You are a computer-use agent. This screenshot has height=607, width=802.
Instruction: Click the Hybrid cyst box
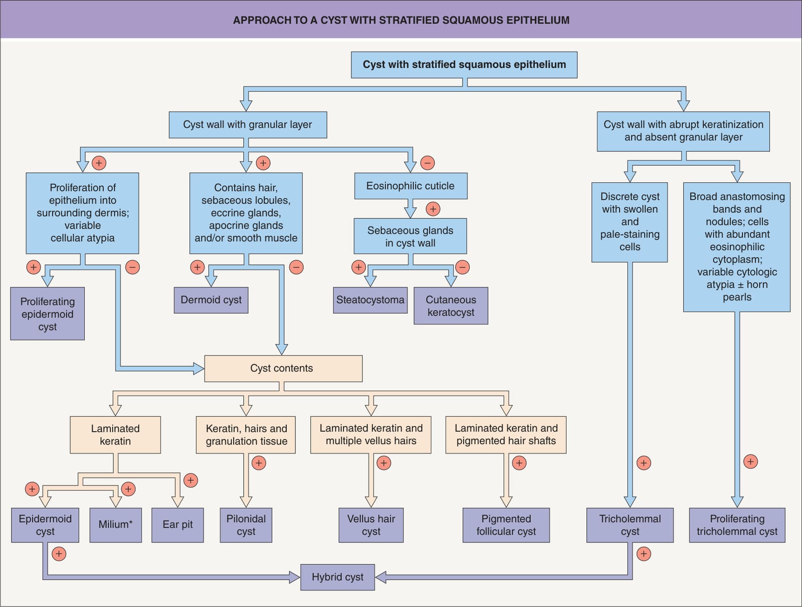pyautogui.click(x=337, y=577)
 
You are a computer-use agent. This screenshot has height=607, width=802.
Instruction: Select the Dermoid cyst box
pyautogui.click(x=211, y=300)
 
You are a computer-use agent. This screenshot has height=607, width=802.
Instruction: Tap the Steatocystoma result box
pyautogui.click(x=370, y=300)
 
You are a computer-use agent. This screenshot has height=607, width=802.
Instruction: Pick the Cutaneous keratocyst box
pyautogui.click(x=451, y=306)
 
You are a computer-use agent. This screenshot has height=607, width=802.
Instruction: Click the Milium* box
pyautogui.click(x=115, y=525)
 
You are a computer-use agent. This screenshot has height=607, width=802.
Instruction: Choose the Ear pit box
pyautogui.click(x=177, y=525)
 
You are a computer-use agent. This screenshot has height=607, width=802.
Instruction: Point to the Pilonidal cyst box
pyautogui.click(x=246, y=525)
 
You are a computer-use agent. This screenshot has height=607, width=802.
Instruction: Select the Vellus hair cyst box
pyautogui.click(x=371, y=525)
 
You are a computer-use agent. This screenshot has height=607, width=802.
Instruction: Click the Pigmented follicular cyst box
pyautogui.click(x=506, y=525)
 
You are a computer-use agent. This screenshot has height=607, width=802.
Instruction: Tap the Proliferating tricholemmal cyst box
pyautogui.click(x=737, y=525)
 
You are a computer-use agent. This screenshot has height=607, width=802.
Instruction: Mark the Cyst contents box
pyautogui.click(x=284, y=368)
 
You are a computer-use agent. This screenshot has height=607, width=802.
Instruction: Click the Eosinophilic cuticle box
pyautogui.click(x=411, y=186)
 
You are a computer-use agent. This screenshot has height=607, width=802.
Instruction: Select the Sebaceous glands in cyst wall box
pyautogui.click(x=411, y=236)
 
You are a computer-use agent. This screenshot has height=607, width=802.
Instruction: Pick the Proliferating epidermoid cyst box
pyautogui.click(x=48, y=314)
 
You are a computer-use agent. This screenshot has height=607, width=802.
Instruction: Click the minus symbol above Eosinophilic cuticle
pyautogui.click(x=428, y=163)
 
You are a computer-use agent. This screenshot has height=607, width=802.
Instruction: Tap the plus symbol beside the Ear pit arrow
pyautogui.click(x=191, y=480)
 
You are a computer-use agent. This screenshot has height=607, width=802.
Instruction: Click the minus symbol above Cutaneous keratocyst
pyautogui.click(x=462, y=267)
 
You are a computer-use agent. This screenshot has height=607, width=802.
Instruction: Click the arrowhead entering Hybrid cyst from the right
pyautogui.click(x=381, y=577)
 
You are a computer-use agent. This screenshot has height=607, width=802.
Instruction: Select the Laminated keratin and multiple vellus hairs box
pyautogui.click(x=371, y=435)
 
